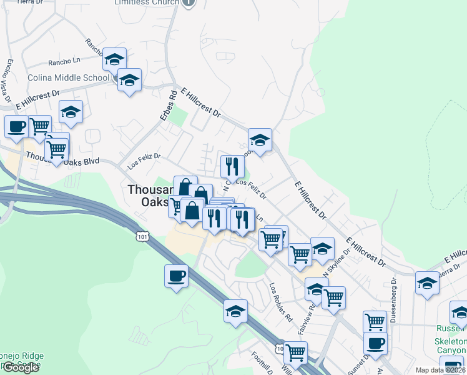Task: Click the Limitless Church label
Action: click(x=147, y=2)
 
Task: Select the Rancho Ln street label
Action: click(x=64, y=63)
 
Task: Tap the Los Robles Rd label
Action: click(x=281, y=299)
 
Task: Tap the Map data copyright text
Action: click(x=440, y=370)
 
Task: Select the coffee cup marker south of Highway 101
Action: click(x=176, y=276)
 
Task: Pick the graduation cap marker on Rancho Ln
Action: click(x=114, y=59)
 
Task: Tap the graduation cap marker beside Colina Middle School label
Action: click(x=129, y=80)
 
